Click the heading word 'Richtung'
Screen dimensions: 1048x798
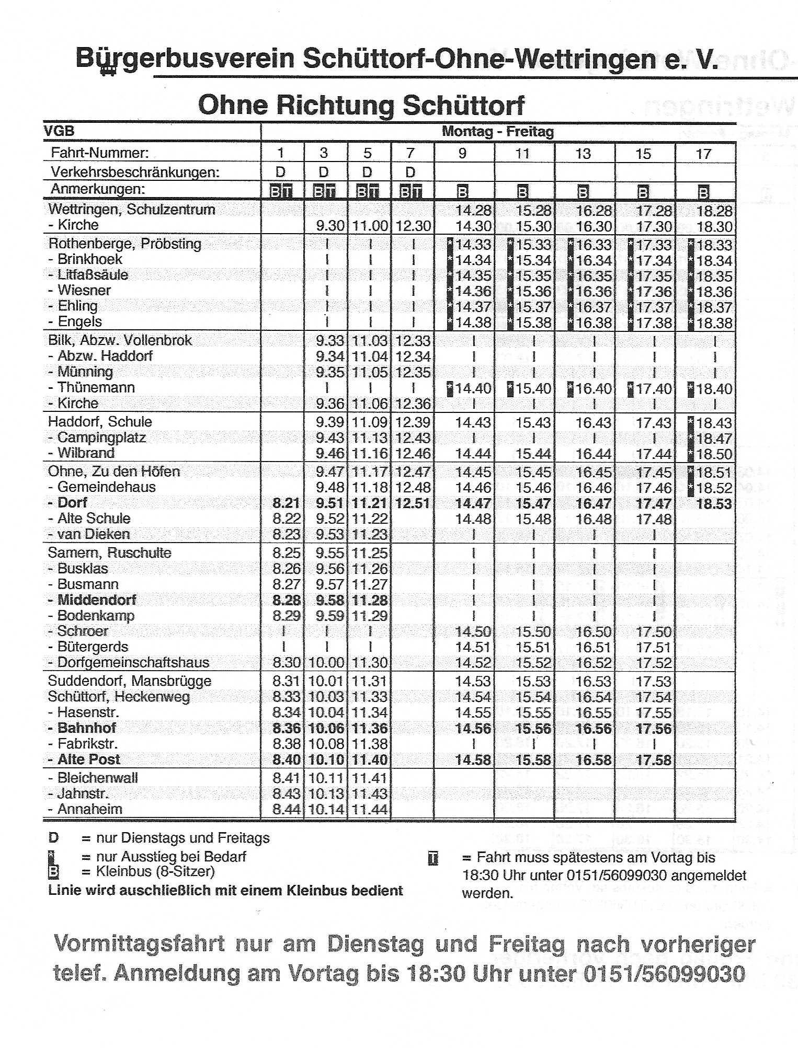pyautogui.click(x=335, y=105)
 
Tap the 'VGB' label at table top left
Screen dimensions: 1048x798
pyautogui.click(x=59, y=131)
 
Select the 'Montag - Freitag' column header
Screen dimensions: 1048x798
pyautogui.click(x=497, y=131)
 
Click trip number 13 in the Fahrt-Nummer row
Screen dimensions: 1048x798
pyautogui.click(x=583, y=154)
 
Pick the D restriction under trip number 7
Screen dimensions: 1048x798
pyautogui.click(x=411, y=172)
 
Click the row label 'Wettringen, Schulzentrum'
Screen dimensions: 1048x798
pyautogui.click(x=131, y=210)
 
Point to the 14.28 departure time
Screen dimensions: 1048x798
pyautogui.click(x=473, y=211)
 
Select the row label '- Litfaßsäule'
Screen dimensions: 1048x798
pyautogui.click(x=89, y=275)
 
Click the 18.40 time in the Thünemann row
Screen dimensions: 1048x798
pyautogui.click(x=714, y=389)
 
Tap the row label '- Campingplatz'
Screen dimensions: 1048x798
pyautogui.click(x=97, y=437)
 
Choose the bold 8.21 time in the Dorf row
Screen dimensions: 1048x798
pyautogui.click(x=286, y=503)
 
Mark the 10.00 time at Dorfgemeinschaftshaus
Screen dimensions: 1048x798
pyautogui.click(x=326, y=663)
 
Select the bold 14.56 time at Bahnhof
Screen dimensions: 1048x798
pyautogui.click(x=473, y=729)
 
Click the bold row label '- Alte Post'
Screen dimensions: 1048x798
pyautogui.click(x=84, y=759)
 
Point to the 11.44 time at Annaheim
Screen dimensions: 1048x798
pyautogui.click(x=369, y=810)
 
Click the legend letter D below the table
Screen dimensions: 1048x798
pyautogui.click(x=53, y=838)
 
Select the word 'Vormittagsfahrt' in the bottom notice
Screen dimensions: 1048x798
pyautogui.click(x=140, y=944)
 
